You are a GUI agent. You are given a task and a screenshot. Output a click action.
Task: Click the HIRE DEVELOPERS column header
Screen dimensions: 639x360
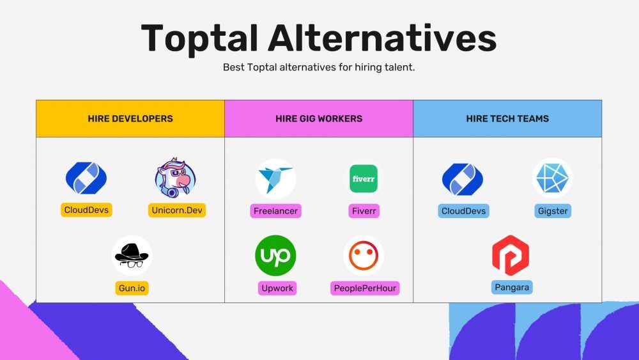tap(130, 119)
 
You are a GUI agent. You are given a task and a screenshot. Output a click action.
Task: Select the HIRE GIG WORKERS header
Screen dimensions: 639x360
tap(319, 119)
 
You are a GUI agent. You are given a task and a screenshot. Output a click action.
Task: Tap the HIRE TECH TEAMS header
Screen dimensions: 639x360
tap(507, 119)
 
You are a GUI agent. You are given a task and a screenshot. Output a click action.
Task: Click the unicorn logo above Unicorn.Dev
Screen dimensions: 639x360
tap(176, 177)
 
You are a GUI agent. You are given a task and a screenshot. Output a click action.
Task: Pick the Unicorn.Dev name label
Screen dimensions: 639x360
tap(177, 210)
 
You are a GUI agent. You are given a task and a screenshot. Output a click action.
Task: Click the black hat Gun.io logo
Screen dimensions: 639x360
tap(132, 256)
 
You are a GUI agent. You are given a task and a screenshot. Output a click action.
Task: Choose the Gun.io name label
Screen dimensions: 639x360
tap(132, 288)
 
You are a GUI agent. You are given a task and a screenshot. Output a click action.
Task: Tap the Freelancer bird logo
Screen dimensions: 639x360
tap(275, 179)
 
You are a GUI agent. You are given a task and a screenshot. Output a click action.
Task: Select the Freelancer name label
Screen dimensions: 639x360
tap(275, 211)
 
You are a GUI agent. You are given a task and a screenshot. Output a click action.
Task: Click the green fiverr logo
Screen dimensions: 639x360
tap(364, 178)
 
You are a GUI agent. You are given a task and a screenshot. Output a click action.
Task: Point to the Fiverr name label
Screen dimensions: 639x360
tap(364, 211)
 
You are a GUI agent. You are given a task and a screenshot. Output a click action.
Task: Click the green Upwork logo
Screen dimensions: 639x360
tap(275, 256)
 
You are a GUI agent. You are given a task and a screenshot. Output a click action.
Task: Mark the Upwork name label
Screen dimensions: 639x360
tap(277, 288)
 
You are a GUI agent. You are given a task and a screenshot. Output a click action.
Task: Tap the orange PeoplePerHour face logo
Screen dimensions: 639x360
tap(364, 256)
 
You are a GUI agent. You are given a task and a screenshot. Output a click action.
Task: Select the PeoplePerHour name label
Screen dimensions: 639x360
tap(365, 288)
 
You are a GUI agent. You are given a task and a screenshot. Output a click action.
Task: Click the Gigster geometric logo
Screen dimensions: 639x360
tap(552, 178)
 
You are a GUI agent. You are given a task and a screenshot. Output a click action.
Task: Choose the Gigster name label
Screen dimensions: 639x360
tap(553, 211)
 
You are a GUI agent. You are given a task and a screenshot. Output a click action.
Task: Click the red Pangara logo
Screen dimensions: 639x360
tap(511, 256)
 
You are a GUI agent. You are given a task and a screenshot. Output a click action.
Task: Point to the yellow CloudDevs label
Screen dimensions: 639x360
tap(86, 210)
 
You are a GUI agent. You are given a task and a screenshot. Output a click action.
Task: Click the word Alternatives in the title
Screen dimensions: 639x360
tap(382, 38)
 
